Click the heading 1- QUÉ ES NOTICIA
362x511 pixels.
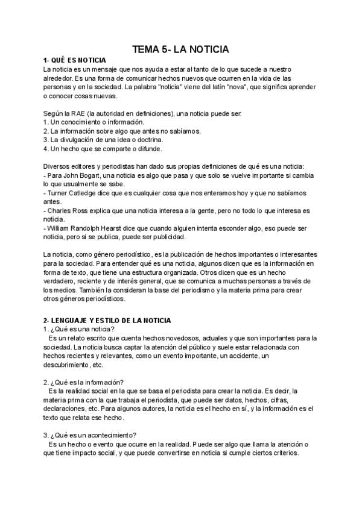[75, 61]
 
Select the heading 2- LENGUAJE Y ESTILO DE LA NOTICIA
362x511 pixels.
[107, 320]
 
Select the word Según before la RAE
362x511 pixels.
[54, 113]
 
